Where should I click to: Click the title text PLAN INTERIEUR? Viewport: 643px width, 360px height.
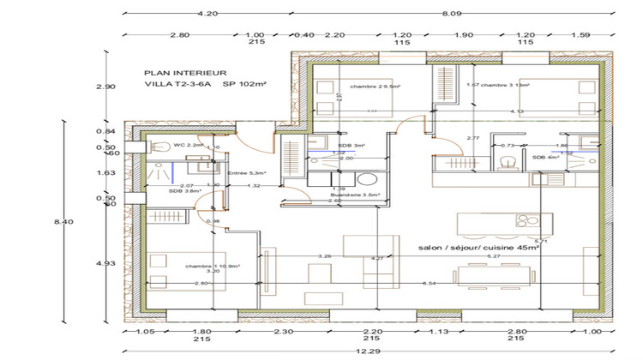point(184,73)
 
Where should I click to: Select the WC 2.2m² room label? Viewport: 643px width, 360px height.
point(189,146)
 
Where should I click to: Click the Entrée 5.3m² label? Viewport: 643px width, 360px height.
point(247,173)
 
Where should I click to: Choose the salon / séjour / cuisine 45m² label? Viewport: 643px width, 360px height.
point(478,247)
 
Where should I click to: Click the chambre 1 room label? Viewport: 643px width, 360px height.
point(212,266)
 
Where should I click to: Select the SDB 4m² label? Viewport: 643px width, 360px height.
point(545,158)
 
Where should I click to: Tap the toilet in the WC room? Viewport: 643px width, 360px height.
point(157,148)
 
